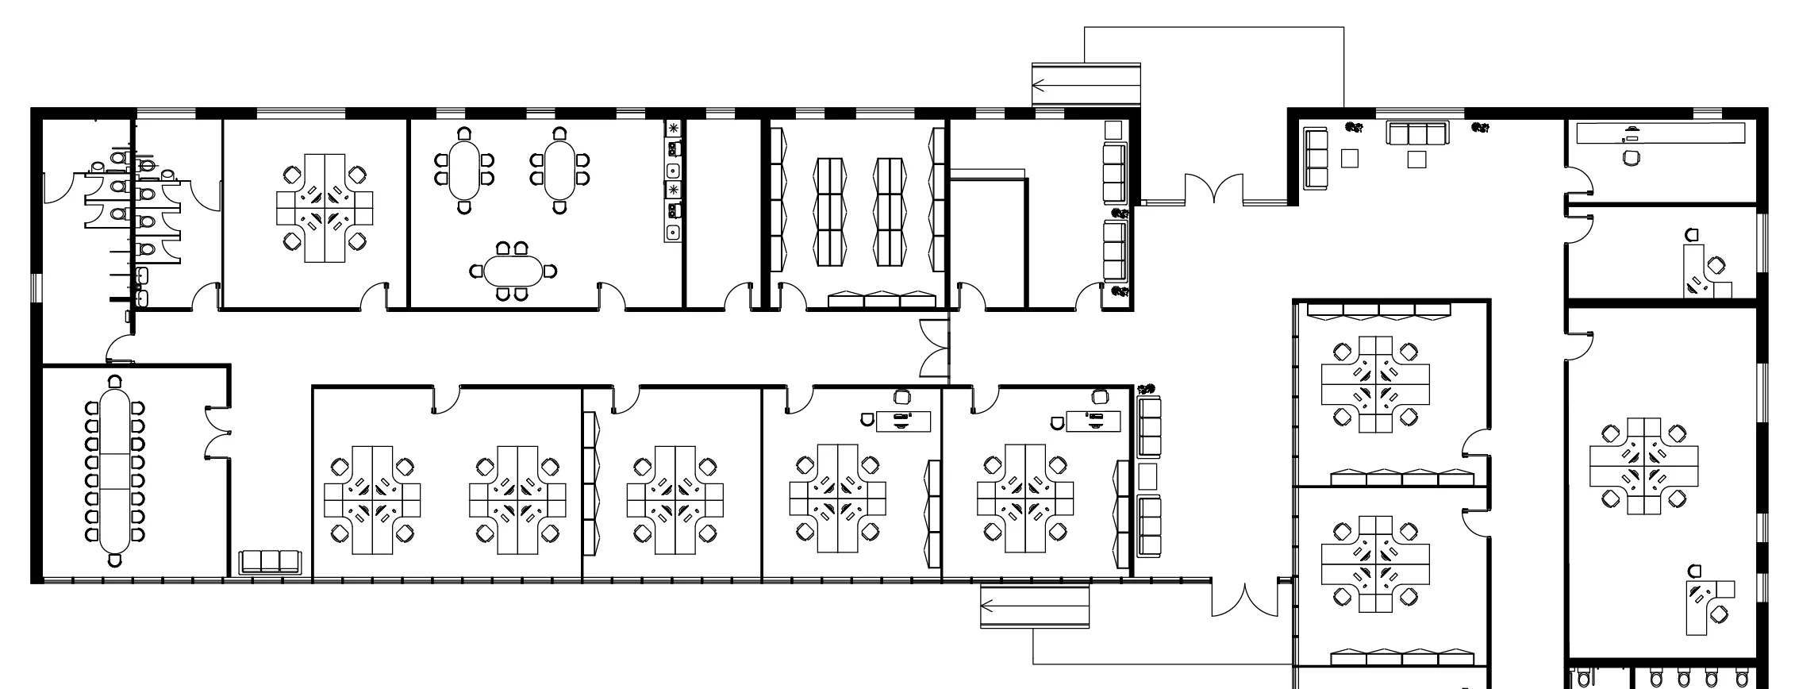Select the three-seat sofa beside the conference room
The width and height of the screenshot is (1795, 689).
[270, 561]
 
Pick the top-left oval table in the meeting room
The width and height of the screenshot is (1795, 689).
[464, 170]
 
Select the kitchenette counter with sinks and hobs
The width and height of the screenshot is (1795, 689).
[674, 181]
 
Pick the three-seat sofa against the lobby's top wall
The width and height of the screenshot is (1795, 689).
[1417, 133]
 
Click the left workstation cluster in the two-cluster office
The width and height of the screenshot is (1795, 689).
[372, 500]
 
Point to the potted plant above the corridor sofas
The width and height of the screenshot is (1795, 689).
[1145, 389]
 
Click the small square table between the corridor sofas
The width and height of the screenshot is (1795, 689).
[1147, 476]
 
